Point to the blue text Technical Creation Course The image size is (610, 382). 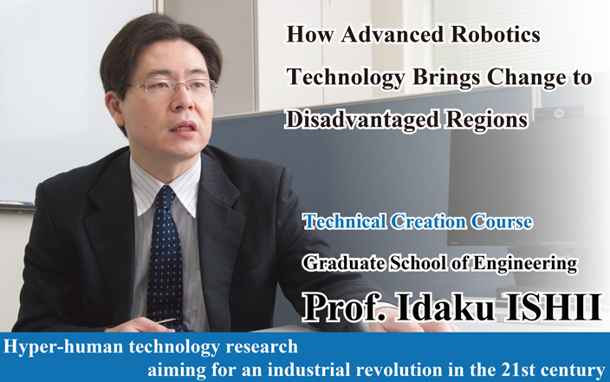[x=418, y=222]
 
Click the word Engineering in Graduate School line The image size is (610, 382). [x=524, y=264]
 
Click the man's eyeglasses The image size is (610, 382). [x=173, y=88]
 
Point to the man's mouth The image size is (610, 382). [x=184, y=128]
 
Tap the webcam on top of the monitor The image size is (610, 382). [x=560, y=113]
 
